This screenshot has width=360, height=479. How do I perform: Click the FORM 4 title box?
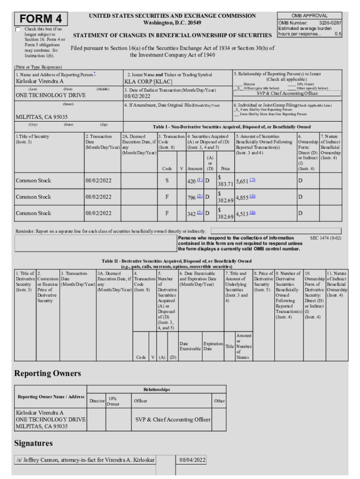tap(41, 19)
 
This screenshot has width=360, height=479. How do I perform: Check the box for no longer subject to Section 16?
tap(18, 29)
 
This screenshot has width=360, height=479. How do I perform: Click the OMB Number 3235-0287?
tap(310, 22)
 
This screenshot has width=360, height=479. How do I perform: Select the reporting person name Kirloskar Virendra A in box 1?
tap(40, 81)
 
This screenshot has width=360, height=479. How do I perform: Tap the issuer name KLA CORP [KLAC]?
tap(145, 81)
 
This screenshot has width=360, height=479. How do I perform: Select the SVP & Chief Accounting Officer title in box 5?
tap(287, 93)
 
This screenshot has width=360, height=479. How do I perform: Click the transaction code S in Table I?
tap(167, 181)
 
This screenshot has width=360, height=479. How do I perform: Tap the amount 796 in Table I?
tap(191, 197)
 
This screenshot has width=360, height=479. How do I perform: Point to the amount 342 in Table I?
tap(191, 213)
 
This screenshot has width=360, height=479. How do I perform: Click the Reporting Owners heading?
tap(47, 373)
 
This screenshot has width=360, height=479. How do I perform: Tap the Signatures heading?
tap(33, 443)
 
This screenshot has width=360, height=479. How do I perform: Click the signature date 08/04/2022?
tap(193, 460)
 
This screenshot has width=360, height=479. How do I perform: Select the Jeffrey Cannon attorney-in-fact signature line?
tap(85, 460)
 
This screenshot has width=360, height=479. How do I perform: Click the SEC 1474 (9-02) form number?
tap(325, 238)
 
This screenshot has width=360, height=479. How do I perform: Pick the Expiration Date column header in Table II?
tap(213, 346)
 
